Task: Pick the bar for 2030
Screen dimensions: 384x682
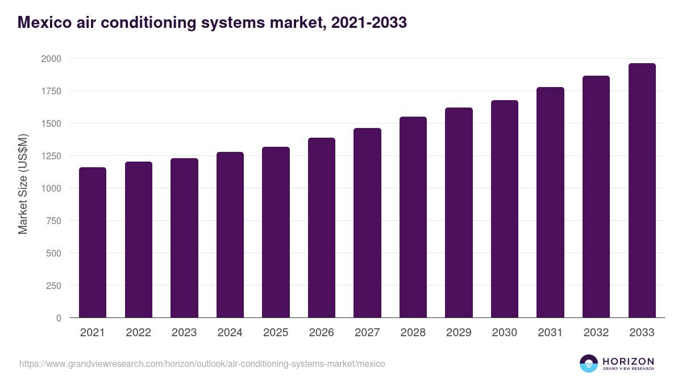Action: click(x=505, y=209)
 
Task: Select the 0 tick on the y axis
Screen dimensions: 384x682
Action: click(x=59, y=318)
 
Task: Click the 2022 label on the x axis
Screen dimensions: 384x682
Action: click(x=138, y=333)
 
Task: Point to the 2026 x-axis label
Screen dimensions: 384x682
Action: click(x=321, y=333)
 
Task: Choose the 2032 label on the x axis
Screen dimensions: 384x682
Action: click(x=596, y=333)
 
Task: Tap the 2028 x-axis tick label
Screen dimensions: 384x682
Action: click(x=413, y=333)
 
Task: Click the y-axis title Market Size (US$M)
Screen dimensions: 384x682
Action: click(x=23, y=184)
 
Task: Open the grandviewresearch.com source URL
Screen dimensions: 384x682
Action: click(x=202, y=364)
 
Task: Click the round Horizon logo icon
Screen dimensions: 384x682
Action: click(x=589, y=364)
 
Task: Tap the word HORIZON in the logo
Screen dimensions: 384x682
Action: click(x=628, y=361)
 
